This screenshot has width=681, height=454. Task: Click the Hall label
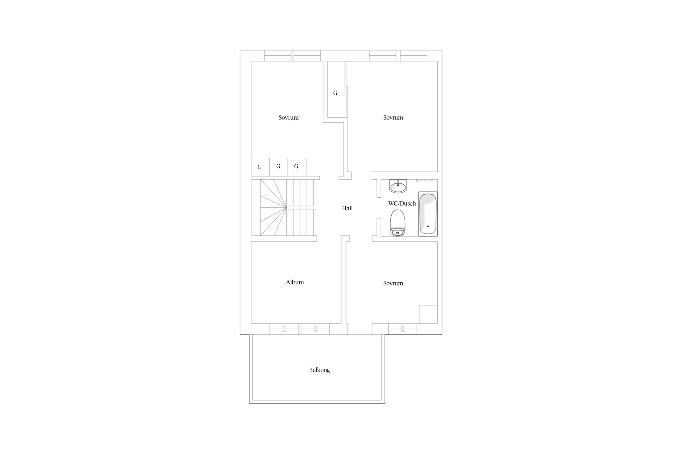pos(347,208)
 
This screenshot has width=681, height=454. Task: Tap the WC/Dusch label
pos(402,204)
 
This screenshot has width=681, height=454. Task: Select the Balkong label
pos(319,370)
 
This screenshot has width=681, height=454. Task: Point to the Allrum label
pos(295,282)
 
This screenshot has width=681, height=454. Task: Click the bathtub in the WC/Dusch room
pos(428,214)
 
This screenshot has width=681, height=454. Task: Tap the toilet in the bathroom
pos(398,223)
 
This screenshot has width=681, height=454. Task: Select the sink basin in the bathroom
pos(398,186)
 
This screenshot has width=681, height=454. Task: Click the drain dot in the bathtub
pos(428,226)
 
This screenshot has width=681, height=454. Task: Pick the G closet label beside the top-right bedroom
pos(335,93)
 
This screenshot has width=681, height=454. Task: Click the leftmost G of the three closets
pos(259,167)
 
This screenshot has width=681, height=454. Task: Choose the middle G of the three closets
pos(278,166)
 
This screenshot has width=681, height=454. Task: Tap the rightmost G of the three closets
pos(296,166)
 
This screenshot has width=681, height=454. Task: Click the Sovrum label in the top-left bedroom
pos(288,117)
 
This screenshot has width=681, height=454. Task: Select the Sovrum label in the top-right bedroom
pos(393,117)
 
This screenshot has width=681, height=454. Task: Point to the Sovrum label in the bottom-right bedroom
pos(393,283)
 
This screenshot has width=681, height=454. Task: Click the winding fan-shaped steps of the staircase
pos(273,208)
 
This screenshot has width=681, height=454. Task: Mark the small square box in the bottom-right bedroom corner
pos(428,314)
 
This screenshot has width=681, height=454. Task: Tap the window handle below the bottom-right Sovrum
pos(403,329)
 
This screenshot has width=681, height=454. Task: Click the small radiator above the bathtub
pos(425,181)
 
